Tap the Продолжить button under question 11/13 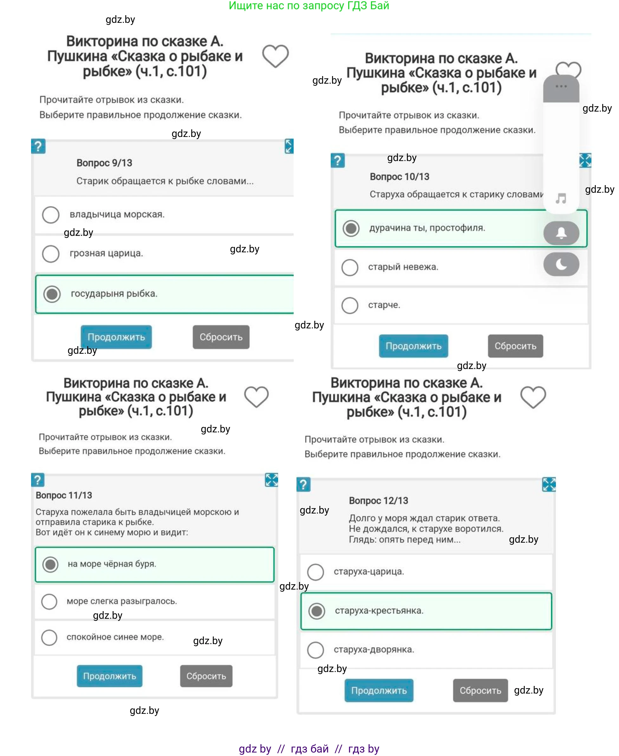[x=109, y=676]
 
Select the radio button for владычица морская [x=51, y=215]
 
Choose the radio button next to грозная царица [x=51, y=253]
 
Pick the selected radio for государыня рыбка [x=52, y=294]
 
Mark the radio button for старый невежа [x=349, y=267]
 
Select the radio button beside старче [x=349, y=305]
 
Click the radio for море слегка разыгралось [x=49, y=601]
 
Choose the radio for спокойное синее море [x=49, y=637]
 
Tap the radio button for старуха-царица [x=316, y=572]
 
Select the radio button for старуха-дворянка [x=316, y=650]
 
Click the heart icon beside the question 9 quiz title [x=275, y=56]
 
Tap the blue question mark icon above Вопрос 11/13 [x=37, y=480]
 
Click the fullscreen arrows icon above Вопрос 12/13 [x=549, y=484]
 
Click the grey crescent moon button [x=561, y=264]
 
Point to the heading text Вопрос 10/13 [x=399, y=177]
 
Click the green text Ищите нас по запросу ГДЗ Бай [x=309, y=6]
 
